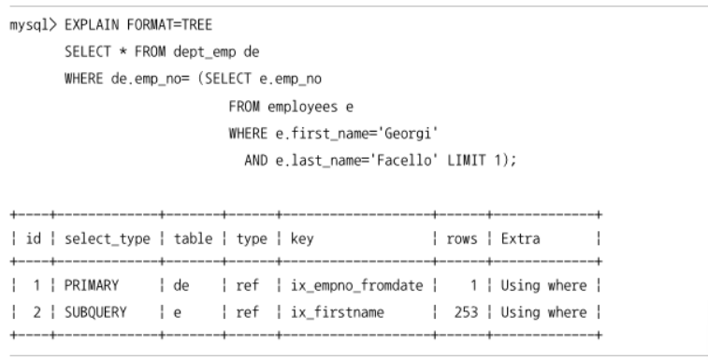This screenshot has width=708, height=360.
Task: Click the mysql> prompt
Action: pos(34,25)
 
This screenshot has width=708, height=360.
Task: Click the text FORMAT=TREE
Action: pos(170,24)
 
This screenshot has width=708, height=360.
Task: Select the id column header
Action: pos(34,238)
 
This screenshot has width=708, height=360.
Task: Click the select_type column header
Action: pos(108,239)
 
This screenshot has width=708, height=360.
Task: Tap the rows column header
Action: pos(461,239)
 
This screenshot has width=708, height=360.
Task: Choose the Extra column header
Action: pos(520,239)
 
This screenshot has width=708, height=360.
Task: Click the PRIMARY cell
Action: pos(92,285)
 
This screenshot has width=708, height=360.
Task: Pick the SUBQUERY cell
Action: pos(95,312)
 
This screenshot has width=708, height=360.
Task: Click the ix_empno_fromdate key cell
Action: pos(356,285)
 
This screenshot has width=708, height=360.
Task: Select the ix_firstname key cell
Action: pos(338,312)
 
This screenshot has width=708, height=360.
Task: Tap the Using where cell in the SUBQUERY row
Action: pos(543,312)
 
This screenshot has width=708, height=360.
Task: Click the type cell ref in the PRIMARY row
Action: pos(248,285)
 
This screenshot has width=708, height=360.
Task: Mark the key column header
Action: pos(302,239)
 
